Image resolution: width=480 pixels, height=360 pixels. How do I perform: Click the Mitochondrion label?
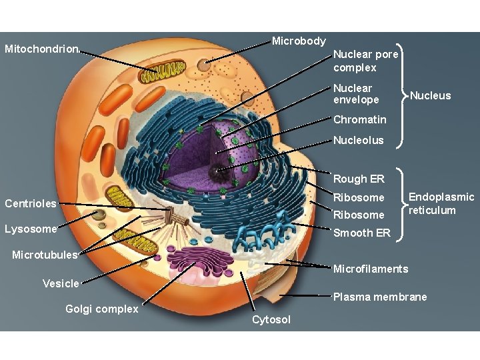point(42,49)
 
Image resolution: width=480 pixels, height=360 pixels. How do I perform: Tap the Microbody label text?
point(299,41)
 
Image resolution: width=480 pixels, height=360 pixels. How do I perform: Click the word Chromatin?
point(359,120)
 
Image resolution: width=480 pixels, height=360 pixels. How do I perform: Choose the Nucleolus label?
point(359,140)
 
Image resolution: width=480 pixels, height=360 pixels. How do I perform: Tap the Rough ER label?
point(359,179)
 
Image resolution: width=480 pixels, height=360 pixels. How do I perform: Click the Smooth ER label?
point(361,233)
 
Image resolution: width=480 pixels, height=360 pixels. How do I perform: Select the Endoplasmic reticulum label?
point(441,203)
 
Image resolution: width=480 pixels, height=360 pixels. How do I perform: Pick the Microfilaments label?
point(370,269)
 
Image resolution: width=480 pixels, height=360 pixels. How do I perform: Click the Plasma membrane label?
point(380,297)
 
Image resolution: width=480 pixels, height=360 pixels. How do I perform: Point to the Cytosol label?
point(271,320)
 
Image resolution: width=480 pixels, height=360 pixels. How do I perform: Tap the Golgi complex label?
point(102,309)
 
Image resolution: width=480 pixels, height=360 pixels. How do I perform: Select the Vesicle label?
point(61,283)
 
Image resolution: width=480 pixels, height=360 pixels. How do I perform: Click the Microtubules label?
point(45,255)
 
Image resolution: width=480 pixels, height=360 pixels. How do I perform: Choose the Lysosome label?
point(31,229)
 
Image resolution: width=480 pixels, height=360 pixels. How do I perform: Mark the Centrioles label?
point(31,203)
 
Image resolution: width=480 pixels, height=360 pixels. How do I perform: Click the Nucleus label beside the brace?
point(430,95)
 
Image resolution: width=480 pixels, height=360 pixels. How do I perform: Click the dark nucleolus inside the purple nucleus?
point(217,173)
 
